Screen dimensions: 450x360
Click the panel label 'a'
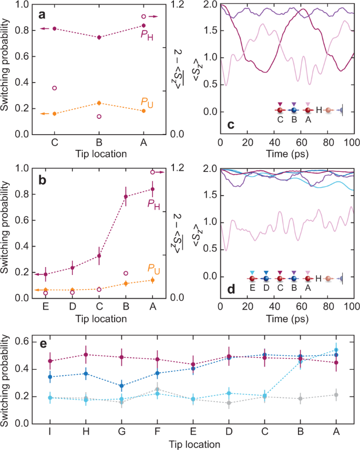point(42,14)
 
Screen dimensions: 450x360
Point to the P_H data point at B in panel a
point(99,37)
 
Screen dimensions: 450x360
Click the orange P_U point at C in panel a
point(54,114)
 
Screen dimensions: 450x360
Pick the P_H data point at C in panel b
point(99,256)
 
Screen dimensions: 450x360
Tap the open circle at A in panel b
point(153,172)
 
